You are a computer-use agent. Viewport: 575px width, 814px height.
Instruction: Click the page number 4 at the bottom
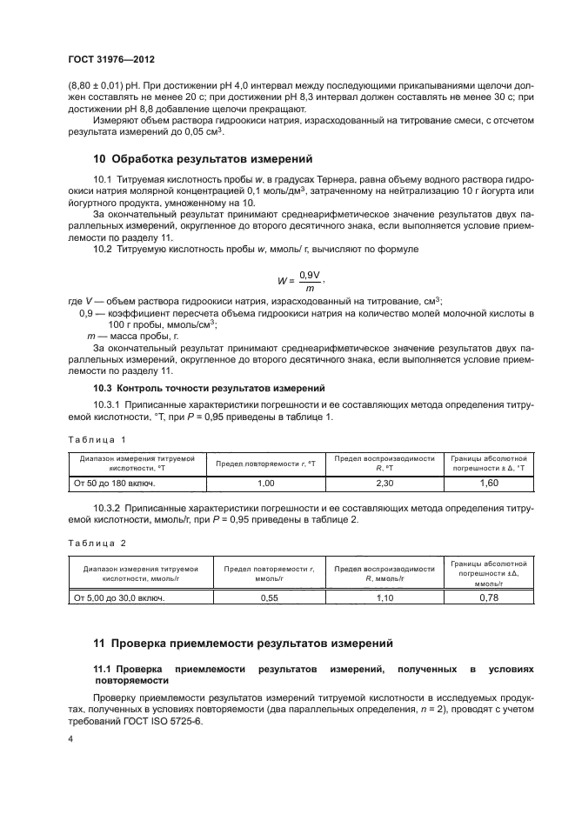70,739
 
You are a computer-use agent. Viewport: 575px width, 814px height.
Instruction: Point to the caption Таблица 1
97,440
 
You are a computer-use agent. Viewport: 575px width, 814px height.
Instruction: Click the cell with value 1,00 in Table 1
266,483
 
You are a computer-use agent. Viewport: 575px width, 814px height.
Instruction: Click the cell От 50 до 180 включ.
114,483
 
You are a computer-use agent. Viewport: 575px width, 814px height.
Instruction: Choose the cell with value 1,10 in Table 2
384,597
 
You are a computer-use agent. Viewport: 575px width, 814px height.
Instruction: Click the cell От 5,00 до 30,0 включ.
118,597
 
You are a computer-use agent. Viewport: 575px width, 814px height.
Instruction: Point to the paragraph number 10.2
103,250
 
